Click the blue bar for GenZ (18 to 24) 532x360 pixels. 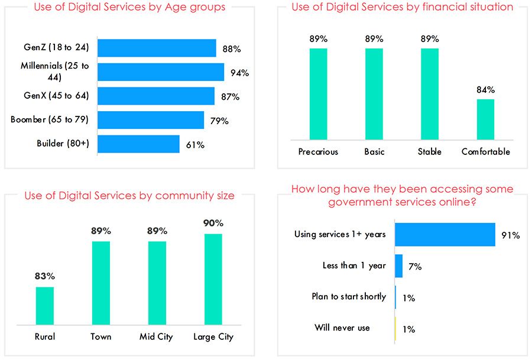[x=157, y=48]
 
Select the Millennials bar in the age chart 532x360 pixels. [x=161, y=72]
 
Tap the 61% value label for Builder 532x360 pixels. [x=195, y=145]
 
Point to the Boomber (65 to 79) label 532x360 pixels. [x=50, y=119]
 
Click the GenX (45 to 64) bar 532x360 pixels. [x=156, y=96]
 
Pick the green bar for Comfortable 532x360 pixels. [x=485, y=119]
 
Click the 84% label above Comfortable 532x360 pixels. [x=485, y=90]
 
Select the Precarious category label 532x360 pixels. [x=318, y=152]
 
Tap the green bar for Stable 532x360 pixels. [x=430, y=94]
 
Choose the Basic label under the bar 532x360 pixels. [x=374, y=152]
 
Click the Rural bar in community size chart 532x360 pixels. [x=45, y=306]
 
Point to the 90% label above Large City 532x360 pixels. [x=213, y=223]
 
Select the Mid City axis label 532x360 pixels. [x=156, y=336]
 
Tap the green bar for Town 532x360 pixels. [x=101, y=283]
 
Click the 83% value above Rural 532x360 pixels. [x=45, y=276]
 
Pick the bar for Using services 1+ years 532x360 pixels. [x=445, y=235]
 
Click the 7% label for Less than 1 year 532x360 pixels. [x=415, y=267]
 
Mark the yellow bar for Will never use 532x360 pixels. [x=395, y=329]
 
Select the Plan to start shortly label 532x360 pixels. [x=349, y=297]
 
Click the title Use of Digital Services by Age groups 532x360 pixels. [x=129, y=7]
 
